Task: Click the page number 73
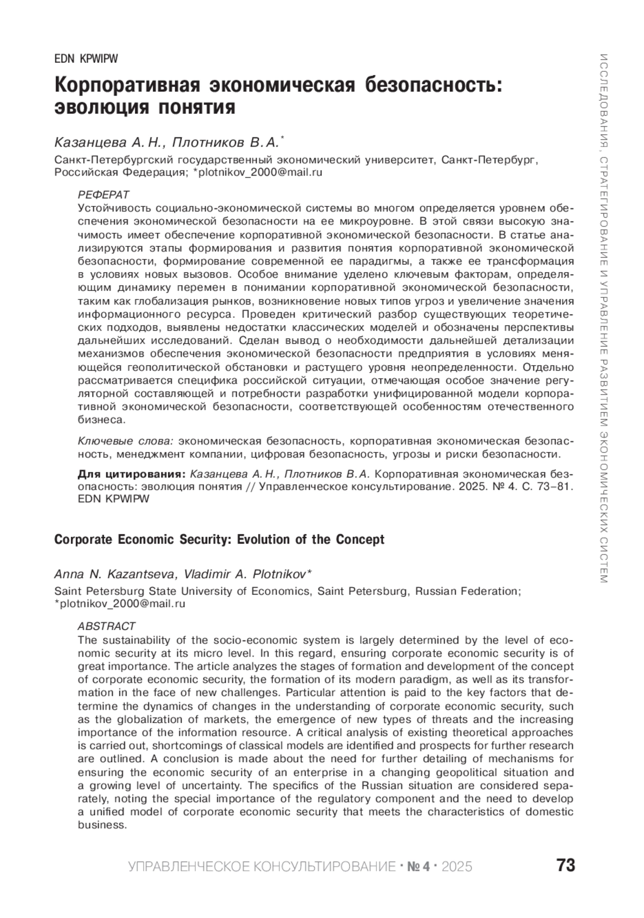point(566,865)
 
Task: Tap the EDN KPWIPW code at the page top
point(86,59)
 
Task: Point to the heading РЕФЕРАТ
point(104,194)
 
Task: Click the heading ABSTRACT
point(106,626)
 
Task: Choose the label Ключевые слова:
point(126,441)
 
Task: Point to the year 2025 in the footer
point(457,866)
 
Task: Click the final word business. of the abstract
point(102,825)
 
